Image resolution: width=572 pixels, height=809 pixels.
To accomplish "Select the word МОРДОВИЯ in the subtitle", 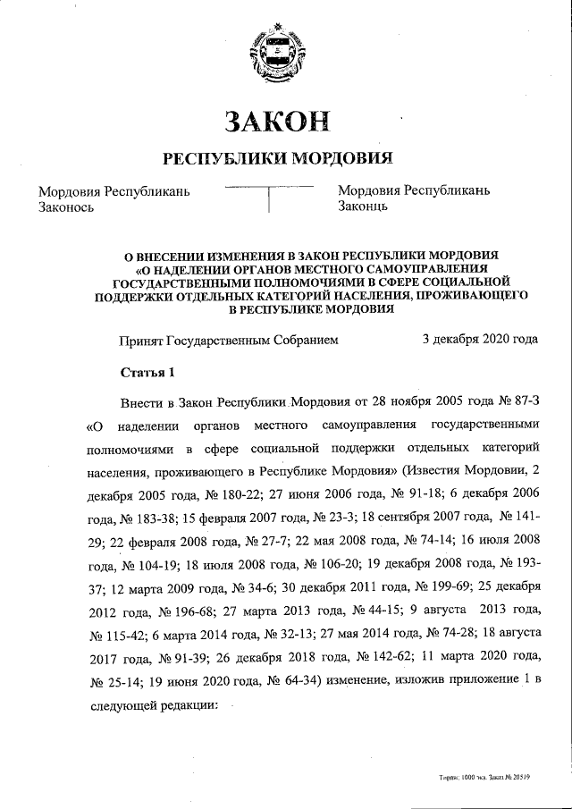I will (x=344, y=159).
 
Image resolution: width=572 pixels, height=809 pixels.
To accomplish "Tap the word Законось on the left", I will (x=67, y=206).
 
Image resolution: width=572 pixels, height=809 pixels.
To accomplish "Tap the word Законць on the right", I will (x=362, y=206).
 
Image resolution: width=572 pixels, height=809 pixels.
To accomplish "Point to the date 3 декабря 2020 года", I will (x=480, y=340).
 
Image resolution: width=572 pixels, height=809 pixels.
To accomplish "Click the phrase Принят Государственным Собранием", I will (x=229, y=341).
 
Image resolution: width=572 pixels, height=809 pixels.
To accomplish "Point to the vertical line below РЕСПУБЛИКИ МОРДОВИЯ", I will (x=269, y=198).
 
